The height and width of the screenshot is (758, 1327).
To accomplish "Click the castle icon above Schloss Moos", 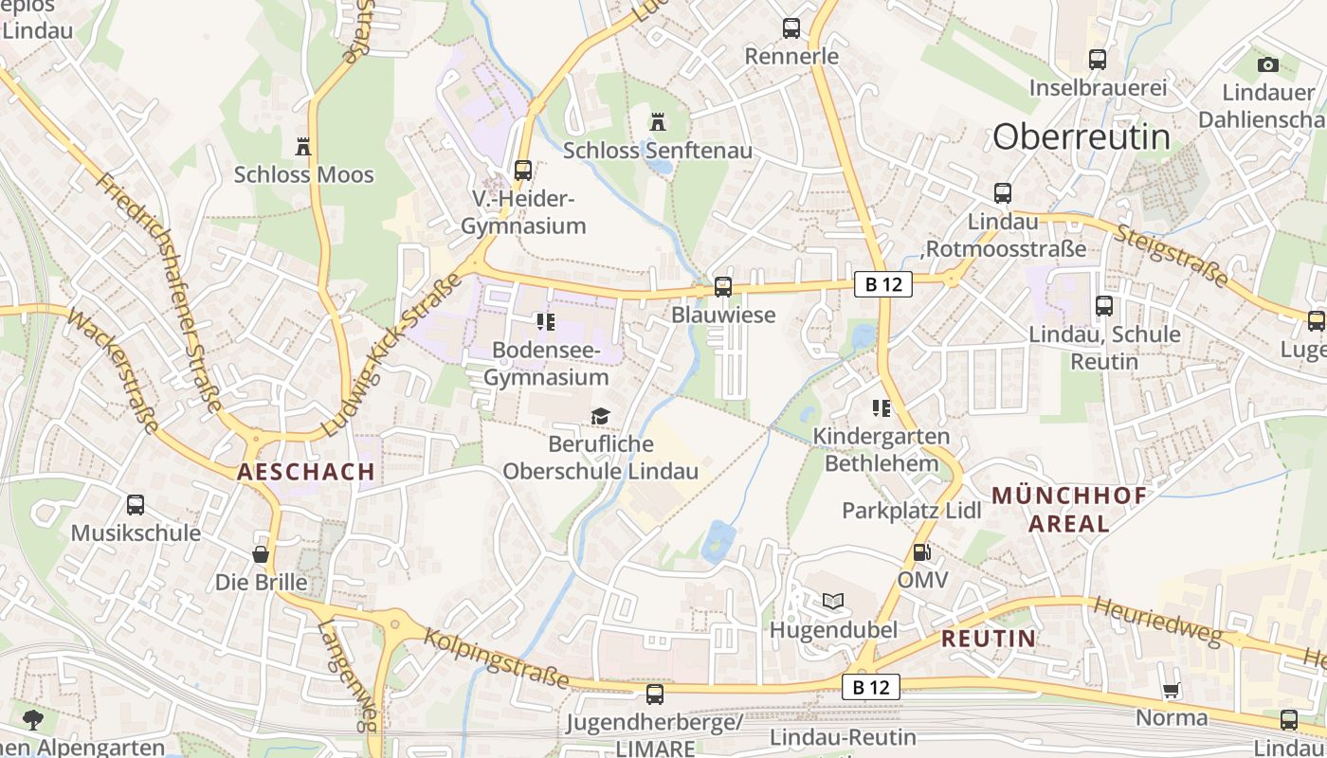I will click(x=303, y=147).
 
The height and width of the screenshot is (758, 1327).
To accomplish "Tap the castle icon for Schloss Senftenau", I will click(x=658, y=122).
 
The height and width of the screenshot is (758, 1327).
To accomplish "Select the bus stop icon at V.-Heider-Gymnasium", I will click(x=522, y=171).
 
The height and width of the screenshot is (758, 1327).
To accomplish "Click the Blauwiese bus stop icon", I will click(x=723, y=286).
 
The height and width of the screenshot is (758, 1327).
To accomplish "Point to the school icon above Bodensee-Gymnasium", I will click(x=545, y=322).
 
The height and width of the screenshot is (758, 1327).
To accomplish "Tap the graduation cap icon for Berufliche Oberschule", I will click(x=600, y=416).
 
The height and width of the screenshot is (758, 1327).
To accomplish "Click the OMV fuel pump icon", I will click(x=920, y=551).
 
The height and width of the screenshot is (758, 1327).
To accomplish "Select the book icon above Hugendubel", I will click(x=832, y=601).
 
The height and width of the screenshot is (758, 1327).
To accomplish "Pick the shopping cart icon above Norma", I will click(x=1171, y=691).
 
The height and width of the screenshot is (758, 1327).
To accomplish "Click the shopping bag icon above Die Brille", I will click(x=261, y=553).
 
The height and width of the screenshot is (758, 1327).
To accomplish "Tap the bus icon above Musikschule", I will click(x=136, y=504).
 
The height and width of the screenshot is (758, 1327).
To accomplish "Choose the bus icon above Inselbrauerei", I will click(x=1098, y=59).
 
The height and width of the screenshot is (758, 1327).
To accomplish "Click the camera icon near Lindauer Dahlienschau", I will click(x=1267, y=64).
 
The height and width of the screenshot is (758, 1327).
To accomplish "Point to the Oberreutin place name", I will click(x=1082, y=137).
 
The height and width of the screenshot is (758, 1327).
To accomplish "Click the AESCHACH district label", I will click(x=306, y=472).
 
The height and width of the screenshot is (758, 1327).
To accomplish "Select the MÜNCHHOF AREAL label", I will click(x=1069, y=509).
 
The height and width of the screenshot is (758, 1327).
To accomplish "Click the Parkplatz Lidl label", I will click(x=912, y=510).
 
